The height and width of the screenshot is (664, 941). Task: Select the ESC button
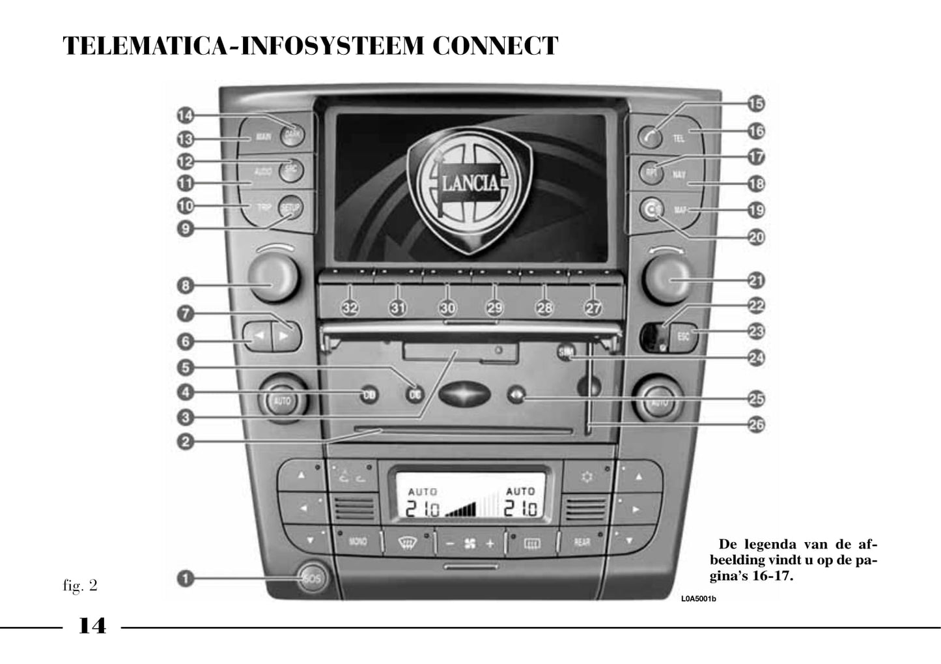683,337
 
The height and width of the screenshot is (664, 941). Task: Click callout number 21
756,281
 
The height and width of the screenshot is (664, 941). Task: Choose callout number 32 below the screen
350,308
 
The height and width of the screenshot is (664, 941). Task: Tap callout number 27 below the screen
593,308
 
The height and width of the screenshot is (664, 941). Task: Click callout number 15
755,104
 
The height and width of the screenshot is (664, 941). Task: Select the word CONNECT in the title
495,46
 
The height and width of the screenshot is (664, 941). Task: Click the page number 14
92,626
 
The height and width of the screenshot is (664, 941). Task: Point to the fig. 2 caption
80,585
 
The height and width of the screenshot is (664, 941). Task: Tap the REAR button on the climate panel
582,541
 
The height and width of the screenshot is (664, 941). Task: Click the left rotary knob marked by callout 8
273,277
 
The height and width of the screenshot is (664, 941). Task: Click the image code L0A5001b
699,599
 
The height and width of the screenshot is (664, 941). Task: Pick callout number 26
756,425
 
